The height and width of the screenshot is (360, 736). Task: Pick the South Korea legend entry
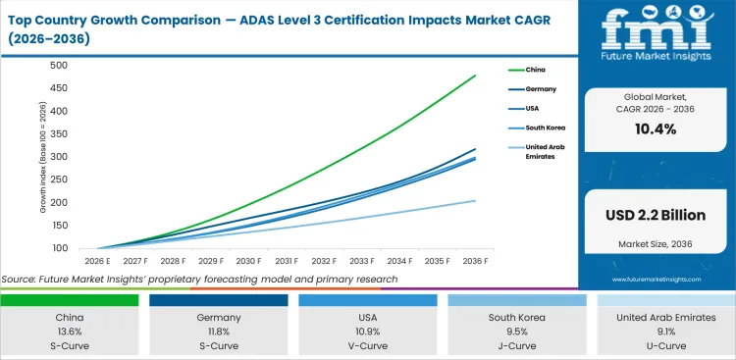(545, 129)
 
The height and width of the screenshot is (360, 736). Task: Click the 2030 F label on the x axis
(248, 261)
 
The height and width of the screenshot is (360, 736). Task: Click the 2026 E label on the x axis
(96, 261)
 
